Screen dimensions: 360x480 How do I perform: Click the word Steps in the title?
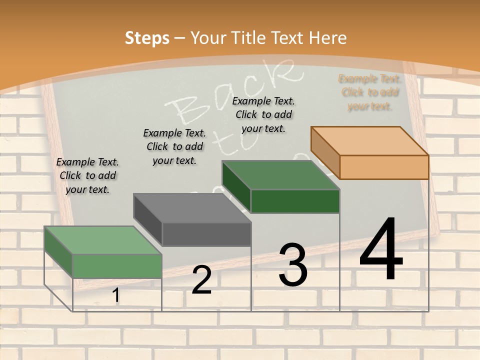click(147, 38)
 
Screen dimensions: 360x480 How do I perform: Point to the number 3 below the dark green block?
click(293, 265)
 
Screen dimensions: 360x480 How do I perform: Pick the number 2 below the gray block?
click(201, 280)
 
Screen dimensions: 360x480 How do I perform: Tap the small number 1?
click(116, 295)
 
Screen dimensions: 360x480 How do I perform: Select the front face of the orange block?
click(384, 167)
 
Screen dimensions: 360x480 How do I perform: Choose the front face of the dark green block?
click(295, 201)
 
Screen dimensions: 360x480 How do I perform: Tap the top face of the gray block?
click(192, 208)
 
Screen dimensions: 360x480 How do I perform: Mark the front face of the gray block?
click(206, 234)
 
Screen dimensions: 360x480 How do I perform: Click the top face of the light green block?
click(103, 240)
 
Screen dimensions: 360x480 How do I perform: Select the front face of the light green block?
click(117, 266)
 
